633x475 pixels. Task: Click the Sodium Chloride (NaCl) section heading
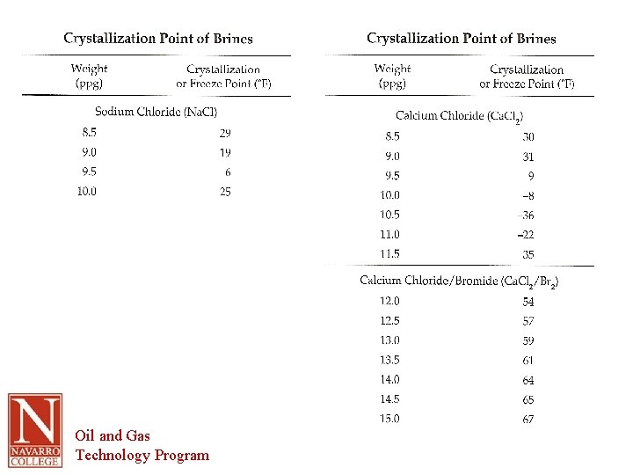156,112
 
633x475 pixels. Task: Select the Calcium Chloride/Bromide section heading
459,281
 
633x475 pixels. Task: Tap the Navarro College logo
35,430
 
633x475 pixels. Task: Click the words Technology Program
142,455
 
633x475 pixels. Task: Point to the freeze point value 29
225,133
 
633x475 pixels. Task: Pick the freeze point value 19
225,152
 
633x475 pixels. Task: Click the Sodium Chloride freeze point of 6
228,172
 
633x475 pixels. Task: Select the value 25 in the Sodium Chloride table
225,191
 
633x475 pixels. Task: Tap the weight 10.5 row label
389,215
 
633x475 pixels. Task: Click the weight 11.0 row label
389,234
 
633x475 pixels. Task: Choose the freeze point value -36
527,216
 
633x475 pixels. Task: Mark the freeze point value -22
526,235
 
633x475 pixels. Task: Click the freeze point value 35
527,254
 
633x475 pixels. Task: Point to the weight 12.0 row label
389,301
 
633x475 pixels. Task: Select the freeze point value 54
527,302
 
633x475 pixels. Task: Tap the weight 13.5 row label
389,360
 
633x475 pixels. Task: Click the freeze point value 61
527,361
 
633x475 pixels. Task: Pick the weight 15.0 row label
389,419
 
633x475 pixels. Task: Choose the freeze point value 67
527,420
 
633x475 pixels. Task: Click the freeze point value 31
527,157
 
